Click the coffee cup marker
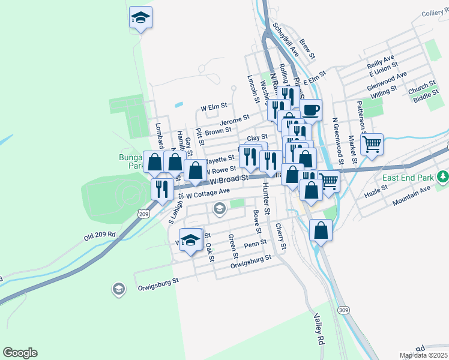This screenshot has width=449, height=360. point(310,110)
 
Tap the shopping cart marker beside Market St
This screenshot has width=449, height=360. point(372,144)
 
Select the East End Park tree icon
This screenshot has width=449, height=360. point(443,176)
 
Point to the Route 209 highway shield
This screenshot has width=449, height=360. point(143,214)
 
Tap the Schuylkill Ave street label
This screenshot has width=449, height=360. point(286,40)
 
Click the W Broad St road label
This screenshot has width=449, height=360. point(229,179)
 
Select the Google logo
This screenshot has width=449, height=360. point(20,353)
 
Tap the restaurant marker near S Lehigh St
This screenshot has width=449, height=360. point(161,190)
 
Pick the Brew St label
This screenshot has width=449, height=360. point(307,49)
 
